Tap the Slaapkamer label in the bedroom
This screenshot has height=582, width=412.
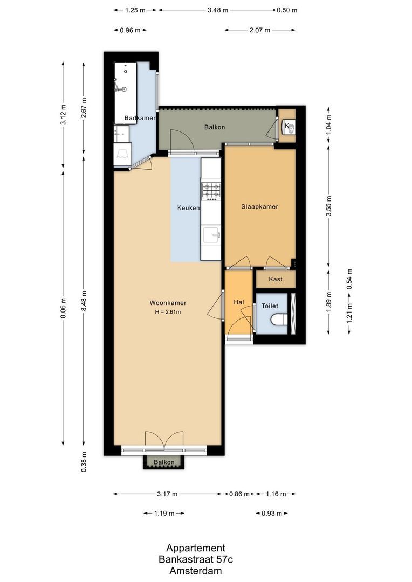[x=259, y=206]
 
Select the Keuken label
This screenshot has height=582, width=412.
[x=189, y=207]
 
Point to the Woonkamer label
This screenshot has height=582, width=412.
[x=166, y=303]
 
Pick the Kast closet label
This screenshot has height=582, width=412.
[x=275, y=279]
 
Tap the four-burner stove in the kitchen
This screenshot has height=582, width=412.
[x=211, y=190]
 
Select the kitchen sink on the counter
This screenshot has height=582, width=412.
[x=211, y=235]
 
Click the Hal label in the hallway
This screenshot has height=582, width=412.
[x=239, y=303]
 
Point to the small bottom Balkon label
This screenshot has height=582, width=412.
[x=164, y=462]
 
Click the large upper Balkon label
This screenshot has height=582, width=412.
[x=214, y=127]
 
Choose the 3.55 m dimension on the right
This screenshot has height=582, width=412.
[x=329, y=205]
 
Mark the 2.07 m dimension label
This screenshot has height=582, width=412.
[x=259, y=30]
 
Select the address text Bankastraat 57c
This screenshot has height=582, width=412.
[x=195, y=560]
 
